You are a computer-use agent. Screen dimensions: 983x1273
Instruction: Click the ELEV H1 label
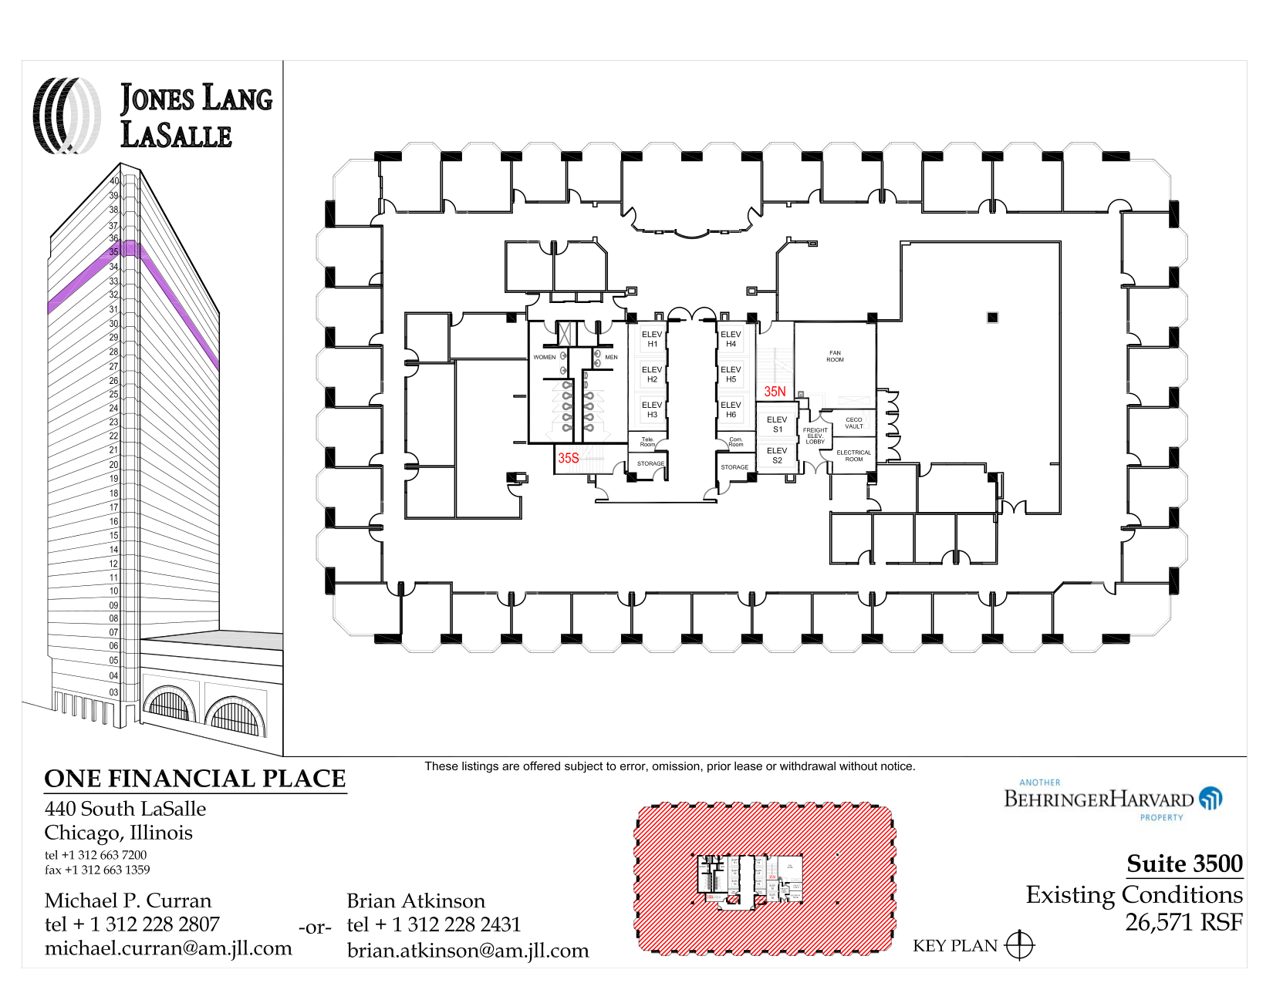pyautogui.click(x=652, y=339)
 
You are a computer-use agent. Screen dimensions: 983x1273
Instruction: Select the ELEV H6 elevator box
pyautogui.click(x=731, y=409)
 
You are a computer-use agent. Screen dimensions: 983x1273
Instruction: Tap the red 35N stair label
pyautogui.click(x=775, y=392)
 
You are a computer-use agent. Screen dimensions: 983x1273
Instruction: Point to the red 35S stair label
pyautogui.click(x=569, y=458)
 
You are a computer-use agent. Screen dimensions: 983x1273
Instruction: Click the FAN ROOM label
pyautogui.click(x=835, y=356)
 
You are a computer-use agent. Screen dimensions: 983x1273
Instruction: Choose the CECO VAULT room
pyautogui.click(x=853, y=422)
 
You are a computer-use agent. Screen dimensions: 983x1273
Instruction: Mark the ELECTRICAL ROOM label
pyautogui.click(x=853, y=456)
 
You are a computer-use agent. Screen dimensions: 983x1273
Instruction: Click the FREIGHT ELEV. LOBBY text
pyautogui.click(x=815, y=436)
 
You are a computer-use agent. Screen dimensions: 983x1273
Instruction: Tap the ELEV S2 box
pyautogui.click(x=777, y=456)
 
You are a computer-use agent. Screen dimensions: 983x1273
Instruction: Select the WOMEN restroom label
pyautogui.click(x=544, y=357)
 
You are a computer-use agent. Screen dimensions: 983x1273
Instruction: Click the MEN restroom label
pyautogui.click(x=611, y=357)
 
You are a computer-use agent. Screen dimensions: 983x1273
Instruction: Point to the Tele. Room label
pyautogui.click(x=647, y=442)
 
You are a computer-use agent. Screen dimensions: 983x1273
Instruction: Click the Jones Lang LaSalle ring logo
pyautogui.click(x=66, y=116)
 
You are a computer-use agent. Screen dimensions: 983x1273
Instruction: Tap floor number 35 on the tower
pyautogui.click(x=114, y=252)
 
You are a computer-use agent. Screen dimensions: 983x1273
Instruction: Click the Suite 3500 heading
pyautogui.click(x=1184, y=863)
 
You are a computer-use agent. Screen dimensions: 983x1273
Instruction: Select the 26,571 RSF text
pyautogui.click(x=1184, y=922)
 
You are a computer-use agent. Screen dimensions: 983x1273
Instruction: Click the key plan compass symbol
pyautogui.click(x=1019, y=945)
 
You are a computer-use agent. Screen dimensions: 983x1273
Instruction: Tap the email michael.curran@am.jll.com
pyautogui.click(x=168, y=948)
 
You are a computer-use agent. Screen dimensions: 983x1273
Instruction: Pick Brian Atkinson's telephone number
pyautogui.click(x=434, y=924)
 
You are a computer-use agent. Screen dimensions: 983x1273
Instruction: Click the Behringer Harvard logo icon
pyautogui.click(x=1211, y=798)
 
